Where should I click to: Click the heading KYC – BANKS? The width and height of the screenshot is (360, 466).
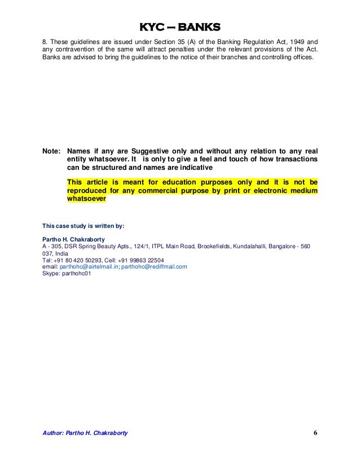pyautogui.click(x=180, y=28)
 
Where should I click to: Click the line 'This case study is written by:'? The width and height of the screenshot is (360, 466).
pyautogui.click(x=84, y=226)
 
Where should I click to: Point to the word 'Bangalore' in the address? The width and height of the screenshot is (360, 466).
pyautogui.click(x=280, y=247)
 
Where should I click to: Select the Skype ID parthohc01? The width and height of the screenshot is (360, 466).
pyautogui.click(x=76, y=274)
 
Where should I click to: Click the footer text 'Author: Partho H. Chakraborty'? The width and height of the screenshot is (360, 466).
pyautogui.click(x=86, y=433)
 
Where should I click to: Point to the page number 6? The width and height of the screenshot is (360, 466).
pyautogui.click(x=315, y=433)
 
